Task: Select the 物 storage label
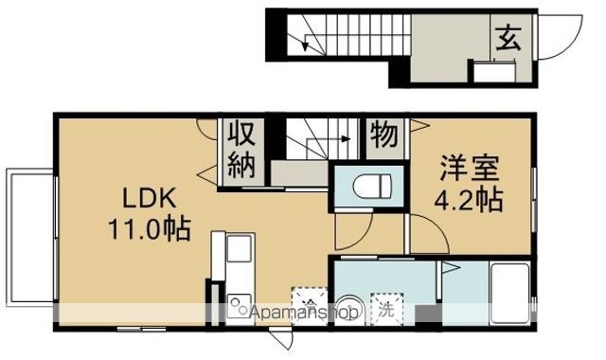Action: (x=383, y=134)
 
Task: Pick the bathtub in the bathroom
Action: (x=510, y=289)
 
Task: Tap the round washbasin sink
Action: (x=348, y=308)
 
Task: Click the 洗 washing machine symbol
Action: (x=386, y=306)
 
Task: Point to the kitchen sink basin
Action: (x=238, y=252)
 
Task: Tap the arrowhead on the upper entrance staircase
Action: (x=305, y=44)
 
